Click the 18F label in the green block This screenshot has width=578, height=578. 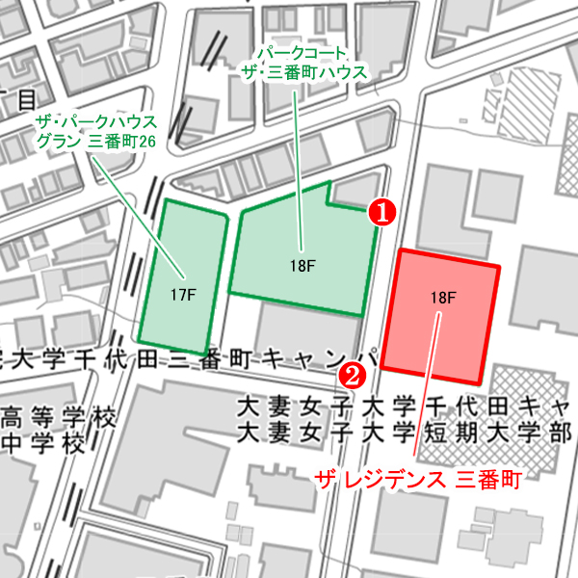302,267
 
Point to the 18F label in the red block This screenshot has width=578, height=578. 442,298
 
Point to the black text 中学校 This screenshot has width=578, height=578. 43,445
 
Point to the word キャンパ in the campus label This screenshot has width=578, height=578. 318,360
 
